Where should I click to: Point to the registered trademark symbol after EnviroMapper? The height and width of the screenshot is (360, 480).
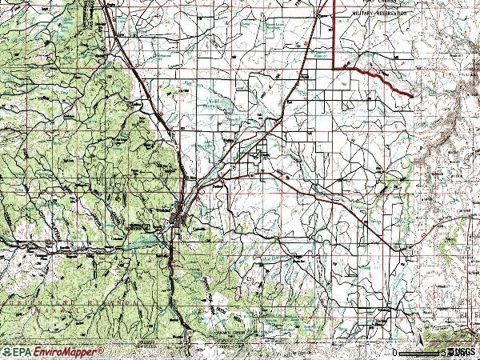pyautogui.click(x=102, y=350)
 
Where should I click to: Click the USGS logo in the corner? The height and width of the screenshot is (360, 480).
pyautogui.click(x=462, y=352)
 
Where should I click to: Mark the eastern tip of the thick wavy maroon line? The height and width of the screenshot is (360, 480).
pyautogui.click(x=412, y=96)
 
